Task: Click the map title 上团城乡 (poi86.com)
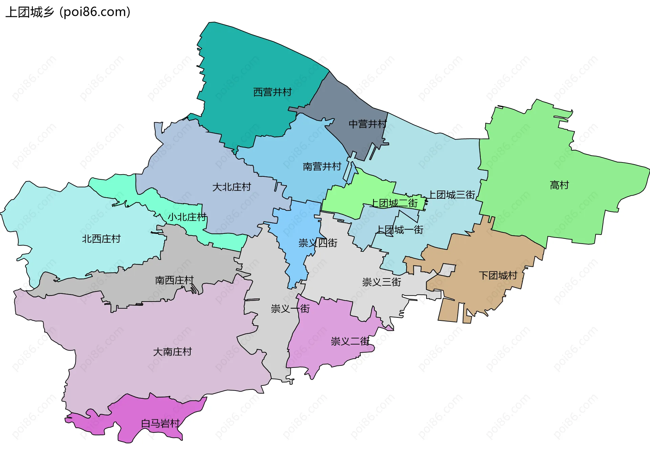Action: click(x=68, y=12)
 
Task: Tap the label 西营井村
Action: click(x=273, y=92)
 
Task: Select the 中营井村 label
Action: click(x=368, y=124)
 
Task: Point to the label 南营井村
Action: click(x=322, y=167)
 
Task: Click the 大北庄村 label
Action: click(x=232, y=187)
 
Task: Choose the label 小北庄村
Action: click(x=187, y=217)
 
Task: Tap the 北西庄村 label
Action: click(x=101, y=239)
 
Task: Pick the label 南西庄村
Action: click(x=174, y=280)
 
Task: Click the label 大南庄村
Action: click(x=172, y=352)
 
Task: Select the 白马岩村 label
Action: click(x=160, y=423)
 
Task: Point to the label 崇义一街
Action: click(x=290, y=309)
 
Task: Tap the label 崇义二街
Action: click(x=350, y=341)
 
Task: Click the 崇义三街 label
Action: click(x=382, y=282)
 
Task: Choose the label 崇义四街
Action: click(x=318, y=243)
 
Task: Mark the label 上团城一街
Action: click(x=400, y=230)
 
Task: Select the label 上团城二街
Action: click(x=394, y=203)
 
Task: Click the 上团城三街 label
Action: click(x=452, y=195)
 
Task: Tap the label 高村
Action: click(x=559, y=185)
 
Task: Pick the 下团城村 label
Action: click(x=498, y=275)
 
